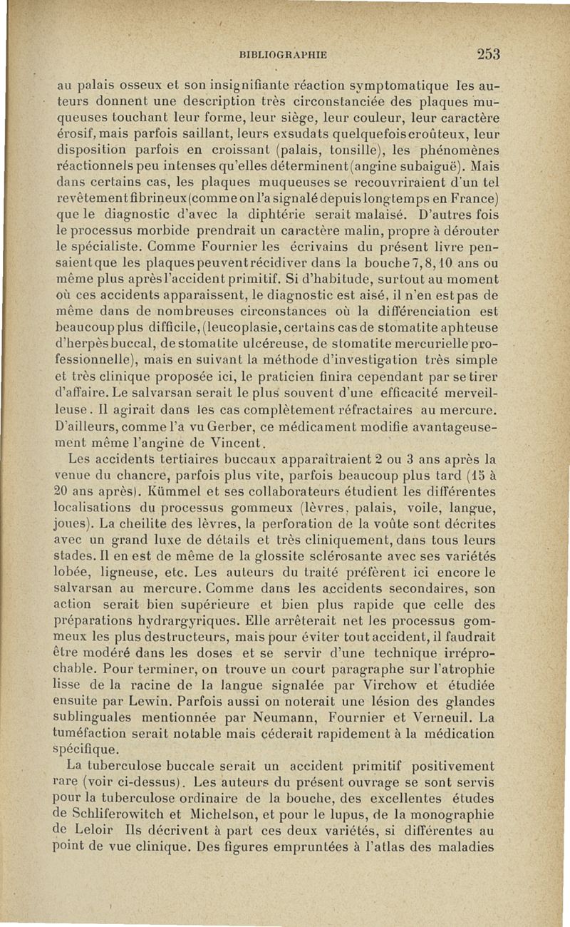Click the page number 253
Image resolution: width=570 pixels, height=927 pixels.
tap(488, 54)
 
